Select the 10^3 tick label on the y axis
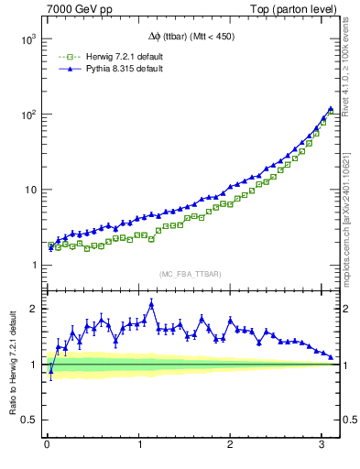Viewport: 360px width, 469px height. point(27,39)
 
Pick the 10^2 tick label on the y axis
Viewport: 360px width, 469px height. point(27,115)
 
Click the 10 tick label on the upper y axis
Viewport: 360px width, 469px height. point(29,190)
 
